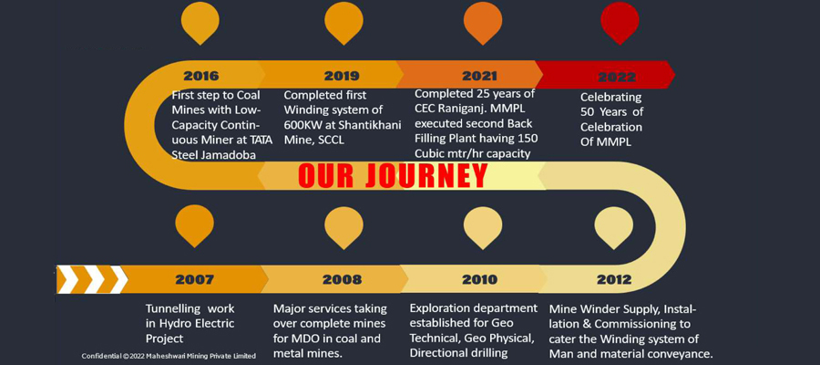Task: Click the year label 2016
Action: (200, 76)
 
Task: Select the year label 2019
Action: (342, 76)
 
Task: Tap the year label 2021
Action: (479, 76)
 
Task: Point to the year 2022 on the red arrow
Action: (617, 77)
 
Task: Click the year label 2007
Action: (195, 279)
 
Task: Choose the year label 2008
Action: (342, 279)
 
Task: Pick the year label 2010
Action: (479, 279)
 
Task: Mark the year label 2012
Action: (614, 279)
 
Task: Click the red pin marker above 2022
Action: (620, 23)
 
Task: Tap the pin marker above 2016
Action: (200, 23)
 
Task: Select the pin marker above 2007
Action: (195, 225)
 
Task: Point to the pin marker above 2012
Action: (614, 226)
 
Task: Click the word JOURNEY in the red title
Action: (426, 175)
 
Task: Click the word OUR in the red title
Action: (327, 175)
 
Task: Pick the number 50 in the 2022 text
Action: (588, 112)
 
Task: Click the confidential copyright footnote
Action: (169, 356)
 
